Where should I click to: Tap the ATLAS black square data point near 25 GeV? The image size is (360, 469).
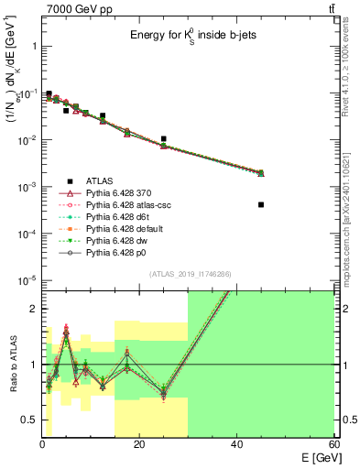(x=163, y=139)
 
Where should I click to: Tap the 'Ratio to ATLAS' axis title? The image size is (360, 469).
(x=11, y=365)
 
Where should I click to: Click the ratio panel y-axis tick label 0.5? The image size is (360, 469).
(x=28, y=420)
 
